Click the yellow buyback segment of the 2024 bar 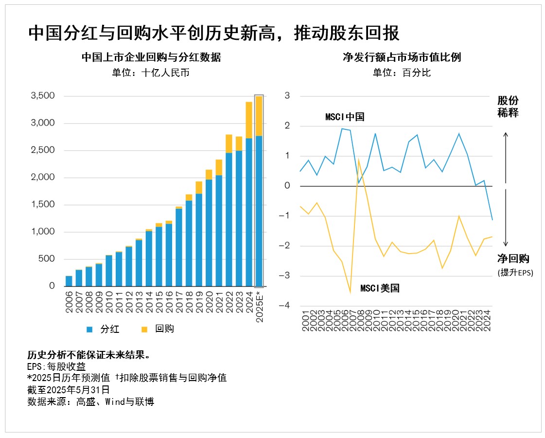coord(248,120)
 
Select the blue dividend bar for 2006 coord(69,281)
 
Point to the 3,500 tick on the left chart coord(43,96)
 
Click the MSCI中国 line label coord(345,117)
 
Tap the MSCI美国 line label coord(380,288)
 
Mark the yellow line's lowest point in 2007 coord(350,292)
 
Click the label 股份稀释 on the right coord(508,107)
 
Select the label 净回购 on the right coord(513,259)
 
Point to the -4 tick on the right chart coord(286,306)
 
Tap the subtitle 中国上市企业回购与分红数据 coord(151,57)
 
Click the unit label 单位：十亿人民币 coord(151,73)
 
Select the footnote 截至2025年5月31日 coord(69,389)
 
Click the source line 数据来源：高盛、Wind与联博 coord(91,401)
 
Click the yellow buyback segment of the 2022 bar coord(229,144)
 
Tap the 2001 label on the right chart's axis coord(305,322)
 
